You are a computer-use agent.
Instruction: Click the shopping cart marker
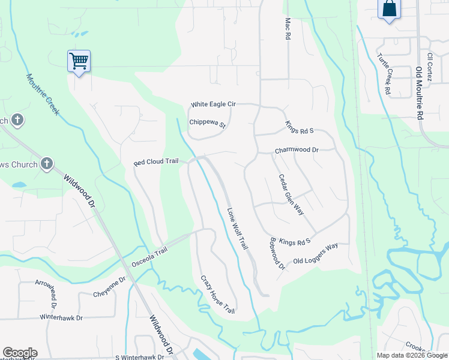pos(79,61)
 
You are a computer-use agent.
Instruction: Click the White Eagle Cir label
pos(213,104)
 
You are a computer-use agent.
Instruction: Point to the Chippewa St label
pos(207,124)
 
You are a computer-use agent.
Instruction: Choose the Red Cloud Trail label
pos(156,162)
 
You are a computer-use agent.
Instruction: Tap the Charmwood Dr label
pos(296,150)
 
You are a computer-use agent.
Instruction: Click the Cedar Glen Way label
pos(291,194)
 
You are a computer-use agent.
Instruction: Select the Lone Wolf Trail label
pos(237,229)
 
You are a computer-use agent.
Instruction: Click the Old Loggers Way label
pos(316,254)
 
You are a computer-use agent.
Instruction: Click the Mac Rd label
pos(287,28)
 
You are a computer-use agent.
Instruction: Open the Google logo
pos(20,353)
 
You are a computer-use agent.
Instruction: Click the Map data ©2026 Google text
pos(411,355)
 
